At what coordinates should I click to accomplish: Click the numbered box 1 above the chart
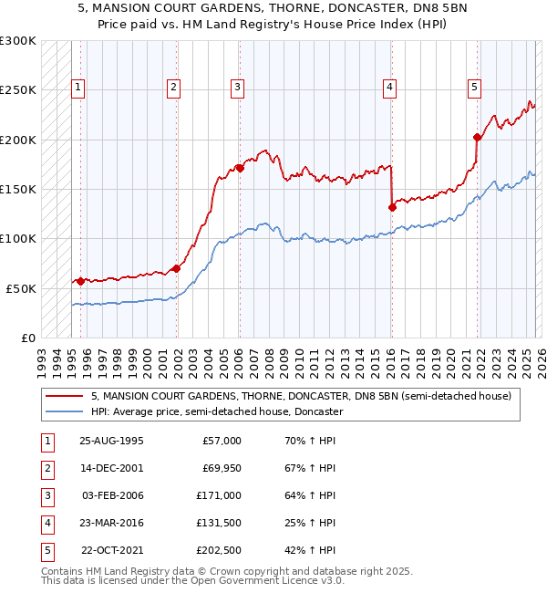[79, 88]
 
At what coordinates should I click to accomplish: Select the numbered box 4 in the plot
[389, 88]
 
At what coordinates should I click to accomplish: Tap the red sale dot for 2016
[392, 207]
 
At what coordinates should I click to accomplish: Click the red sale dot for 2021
[477, 138]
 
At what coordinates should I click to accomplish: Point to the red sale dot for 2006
[240, 168]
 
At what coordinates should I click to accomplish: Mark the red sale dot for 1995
[80, 281]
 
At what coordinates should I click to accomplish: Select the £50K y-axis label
[20, 288]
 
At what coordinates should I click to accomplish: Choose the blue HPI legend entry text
[217, 411]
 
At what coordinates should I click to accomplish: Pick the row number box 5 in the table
[46, 550]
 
